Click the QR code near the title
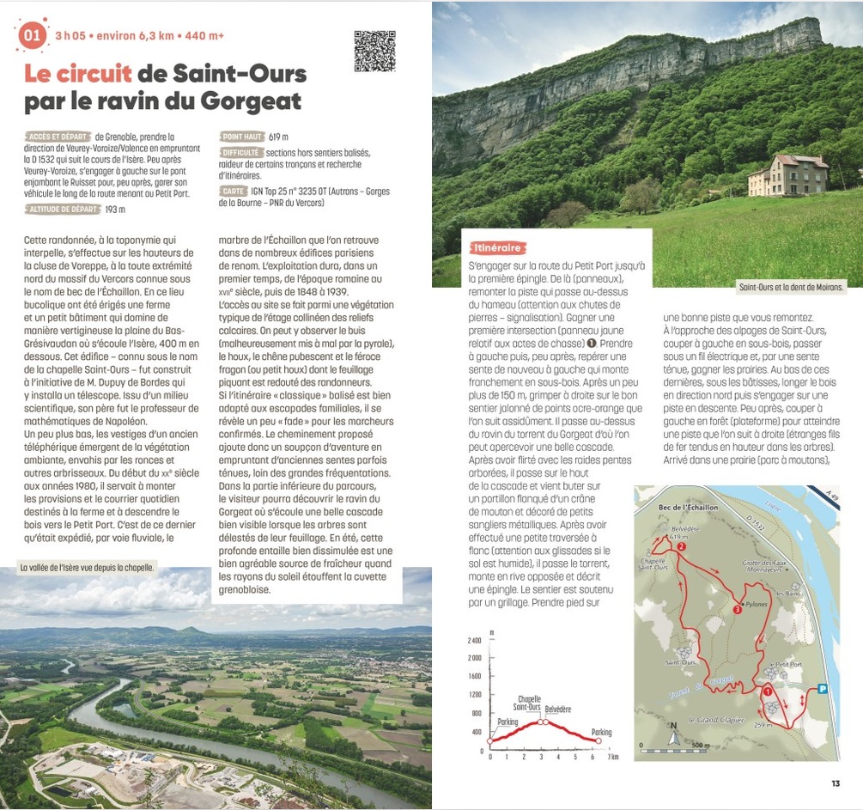tap(374, 52)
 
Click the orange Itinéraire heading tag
tap(497, 247)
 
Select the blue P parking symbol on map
tap(822, 688)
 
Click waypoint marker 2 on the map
tap(681, 546)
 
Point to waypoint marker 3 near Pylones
tap(737, 609)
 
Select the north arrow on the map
tap(673, 732)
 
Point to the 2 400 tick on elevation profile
tap(474, 641)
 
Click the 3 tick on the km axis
tap(542, 757)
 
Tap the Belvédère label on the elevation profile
tap(557, 710)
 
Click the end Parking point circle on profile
tap(599, 740)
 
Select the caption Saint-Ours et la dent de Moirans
tap(791, 287)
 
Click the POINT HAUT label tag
tap(242, 137)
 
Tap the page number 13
tap(836, 783)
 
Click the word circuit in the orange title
tap(78, 74)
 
